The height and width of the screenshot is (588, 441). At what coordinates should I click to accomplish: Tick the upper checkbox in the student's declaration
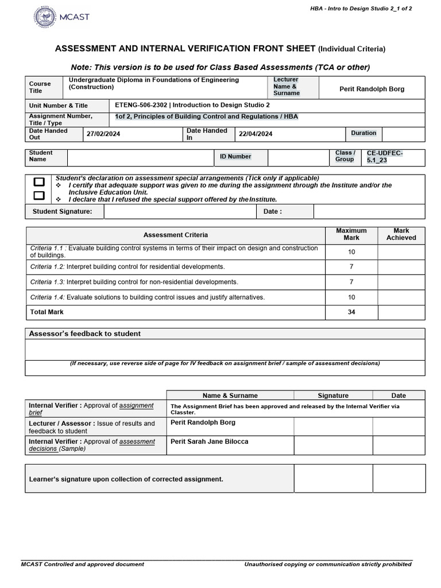tap(39, 182)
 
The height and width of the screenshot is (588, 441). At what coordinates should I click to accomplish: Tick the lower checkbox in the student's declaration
tap(39, 195)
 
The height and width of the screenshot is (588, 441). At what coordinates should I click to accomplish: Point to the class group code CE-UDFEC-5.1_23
tap(385, 157)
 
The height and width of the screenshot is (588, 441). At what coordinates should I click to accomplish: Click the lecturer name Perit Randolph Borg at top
tap(372, 89)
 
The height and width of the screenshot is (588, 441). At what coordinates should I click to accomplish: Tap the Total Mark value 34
tap(351, 312)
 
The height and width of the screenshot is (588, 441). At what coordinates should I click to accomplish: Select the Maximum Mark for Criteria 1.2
tap(351, 267)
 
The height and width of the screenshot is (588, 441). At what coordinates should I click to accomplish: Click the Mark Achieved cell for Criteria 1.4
tap(401, 297)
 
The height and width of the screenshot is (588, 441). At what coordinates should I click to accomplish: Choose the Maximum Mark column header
tap(351, 234)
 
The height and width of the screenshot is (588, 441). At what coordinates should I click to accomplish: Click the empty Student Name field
tap(140, 157)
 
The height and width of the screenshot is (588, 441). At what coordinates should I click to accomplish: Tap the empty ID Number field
tap(299, 157)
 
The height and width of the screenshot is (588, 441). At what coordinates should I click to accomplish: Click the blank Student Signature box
tap(180, 212)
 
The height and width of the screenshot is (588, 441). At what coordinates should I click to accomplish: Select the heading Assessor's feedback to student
tap(85, 334)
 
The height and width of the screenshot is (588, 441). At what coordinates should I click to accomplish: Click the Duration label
tap(363, 133)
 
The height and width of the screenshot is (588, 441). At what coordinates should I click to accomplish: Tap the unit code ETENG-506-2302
tap(141, 106)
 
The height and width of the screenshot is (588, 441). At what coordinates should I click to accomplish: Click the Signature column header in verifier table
tap(333, 396)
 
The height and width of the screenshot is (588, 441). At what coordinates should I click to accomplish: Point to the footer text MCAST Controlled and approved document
tap(83, 564)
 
